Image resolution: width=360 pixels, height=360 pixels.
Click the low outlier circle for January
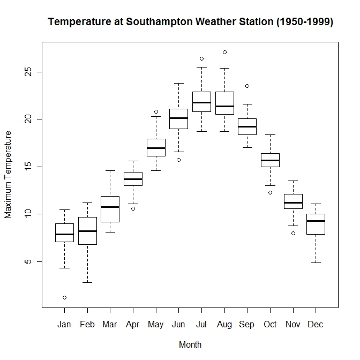click(x=64, y=297)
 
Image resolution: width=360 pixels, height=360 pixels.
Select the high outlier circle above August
click(x=224, y=52)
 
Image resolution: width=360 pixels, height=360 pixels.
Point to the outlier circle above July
click(x=201, y=58)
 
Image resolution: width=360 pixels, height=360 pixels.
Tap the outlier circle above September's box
click(x=247, y=86)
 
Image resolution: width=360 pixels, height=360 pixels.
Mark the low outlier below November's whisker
click(x=293, y=233)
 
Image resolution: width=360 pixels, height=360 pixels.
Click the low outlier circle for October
click(x=270, y=192)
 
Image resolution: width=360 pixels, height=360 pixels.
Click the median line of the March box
click(x=110, y=207)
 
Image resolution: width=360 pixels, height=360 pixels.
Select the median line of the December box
click(x=316, y=221)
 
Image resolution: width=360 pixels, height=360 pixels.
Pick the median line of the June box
click(x=178, y=118)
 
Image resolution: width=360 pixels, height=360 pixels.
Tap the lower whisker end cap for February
click(x=87, y=282)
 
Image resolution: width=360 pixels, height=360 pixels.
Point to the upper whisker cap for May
click(x=156, y=116)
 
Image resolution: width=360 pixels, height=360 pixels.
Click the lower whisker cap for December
click(x=316, y=262)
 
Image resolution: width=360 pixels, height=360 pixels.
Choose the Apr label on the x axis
click(x=132, y=325)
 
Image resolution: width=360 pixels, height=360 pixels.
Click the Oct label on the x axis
click(x=270, y=325)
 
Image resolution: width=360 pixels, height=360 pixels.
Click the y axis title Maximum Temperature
click(x=8, y=174)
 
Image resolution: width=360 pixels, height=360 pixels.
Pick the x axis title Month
click(x=190, y=344)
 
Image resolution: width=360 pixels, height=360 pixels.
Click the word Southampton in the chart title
click(x=161, y=22)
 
